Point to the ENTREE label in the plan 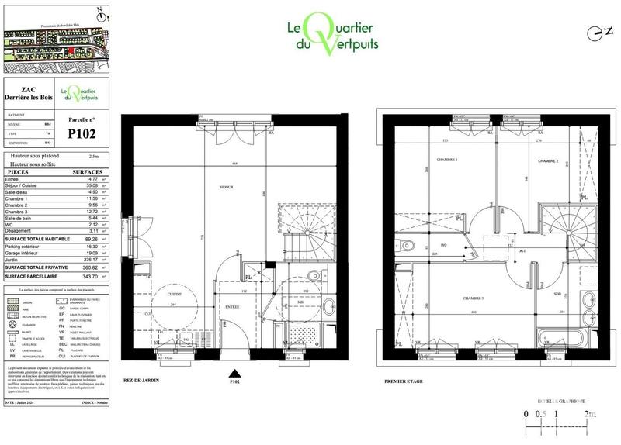click(x=231, y=305)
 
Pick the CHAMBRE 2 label click(x=550, y=160)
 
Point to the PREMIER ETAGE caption click(x=404, y=381)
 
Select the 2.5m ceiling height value click(x=94, y=156)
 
